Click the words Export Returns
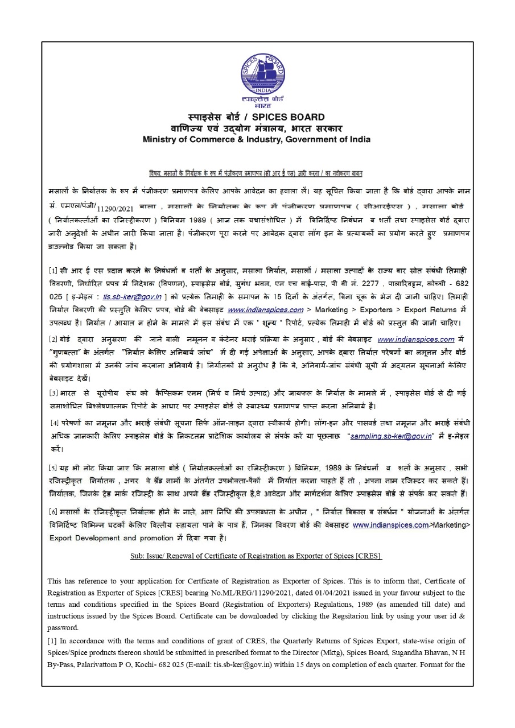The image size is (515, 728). click(430, 309)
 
